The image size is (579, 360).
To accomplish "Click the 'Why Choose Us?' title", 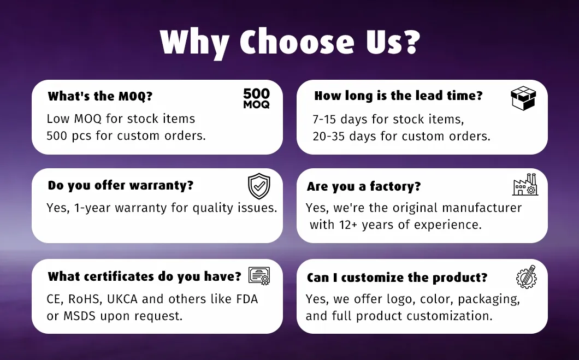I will pos(289,42).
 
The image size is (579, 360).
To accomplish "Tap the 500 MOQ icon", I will pos(256,98).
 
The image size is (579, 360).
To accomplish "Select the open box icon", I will pos(523,98).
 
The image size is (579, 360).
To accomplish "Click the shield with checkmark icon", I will pos(259,186).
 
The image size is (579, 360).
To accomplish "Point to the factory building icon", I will pos(525,185).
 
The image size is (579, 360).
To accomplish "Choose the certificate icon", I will pos(259,276).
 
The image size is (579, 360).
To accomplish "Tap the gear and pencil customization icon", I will pos(526,276).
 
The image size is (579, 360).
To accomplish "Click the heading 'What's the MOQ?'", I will pos(100,97).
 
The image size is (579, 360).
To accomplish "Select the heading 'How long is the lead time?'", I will pos(398,96).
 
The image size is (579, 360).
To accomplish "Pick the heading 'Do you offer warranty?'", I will pos(121,185).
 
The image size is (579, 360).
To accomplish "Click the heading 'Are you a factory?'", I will pos(364,186).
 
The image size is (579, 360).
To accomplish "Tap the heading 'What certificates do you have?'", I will pos(144,276).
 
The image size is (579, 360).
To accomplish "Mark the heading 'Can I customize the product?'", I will pos(397,278).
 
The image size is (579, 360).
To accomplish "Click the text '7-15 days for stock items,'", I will pos(388,119).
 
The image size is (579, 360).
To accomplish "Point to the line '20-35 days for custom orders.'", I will pos(401,136).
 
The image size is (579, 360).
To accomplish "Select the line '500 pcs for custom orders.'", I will pos(126,136).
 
